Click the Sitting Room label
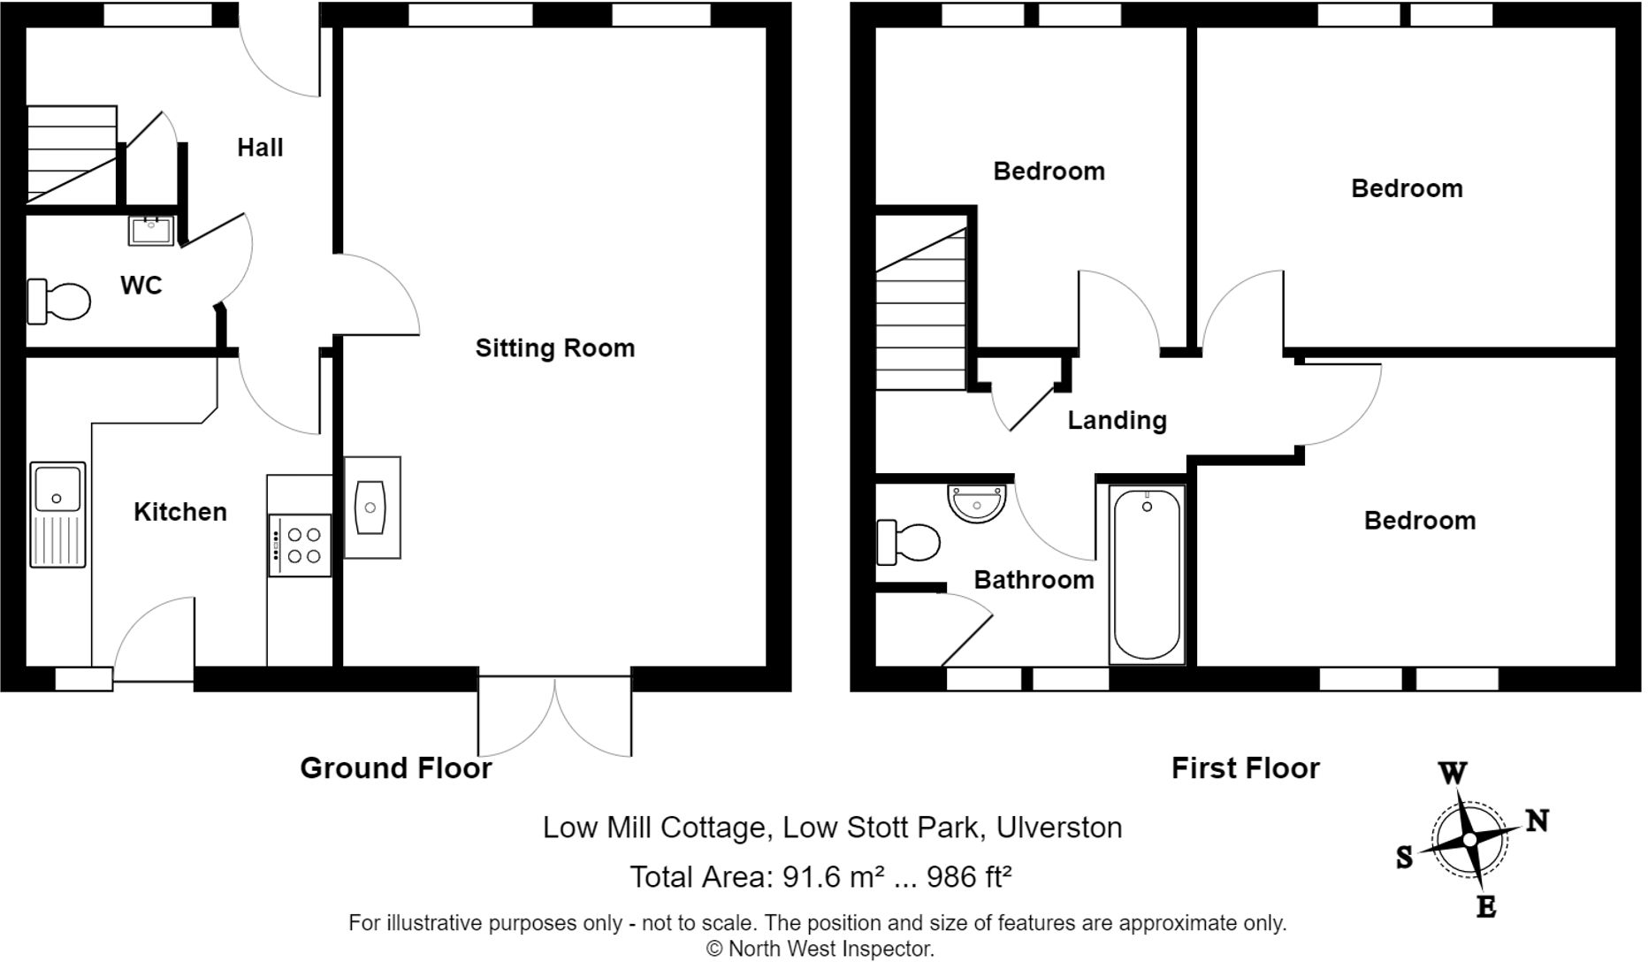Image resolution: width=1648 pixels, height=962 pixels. [x=554, y=348]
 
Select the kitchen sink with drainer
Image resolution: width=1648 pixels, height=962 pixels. [x=57, y=514]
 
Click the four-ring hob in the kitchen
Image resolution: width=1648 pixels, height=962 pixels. [x=301, y=545]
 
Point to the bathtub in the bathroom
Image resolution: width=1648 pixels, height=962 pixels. [x=1146, y=574]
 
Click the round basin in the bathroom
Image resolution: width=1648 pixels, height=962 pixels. [x=977, y=503]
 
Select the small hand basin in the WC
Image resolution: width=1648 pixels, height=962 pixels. [x=151, y=230]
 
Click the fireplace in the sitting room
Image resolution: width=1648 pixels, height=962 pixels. [x=371, y=508]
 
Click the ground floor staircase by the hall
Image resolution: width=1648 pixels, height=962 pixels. [x=71, y=155]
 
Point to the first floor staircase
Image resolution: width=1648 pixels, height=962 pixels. [x=920, y=309]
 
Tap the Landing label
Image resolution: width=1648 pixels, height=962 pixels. [x=1117, y=421]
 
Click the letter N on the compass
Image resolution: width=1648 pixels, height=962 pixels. [x=1537, y=821]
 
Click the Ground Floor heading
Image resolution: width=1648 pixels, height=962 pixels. [x=395, y=767]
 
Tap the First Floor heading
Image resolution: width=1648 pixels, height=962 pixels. [x=1245, y=767]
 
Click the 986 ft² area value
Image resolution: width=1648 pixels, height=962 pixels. [x=968, y=877]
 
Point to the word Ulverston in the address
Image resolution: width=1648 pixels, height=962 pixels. [x=1059, y=828]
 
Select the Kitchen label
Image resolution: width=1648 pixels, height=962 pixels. [x=180, y=512]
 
